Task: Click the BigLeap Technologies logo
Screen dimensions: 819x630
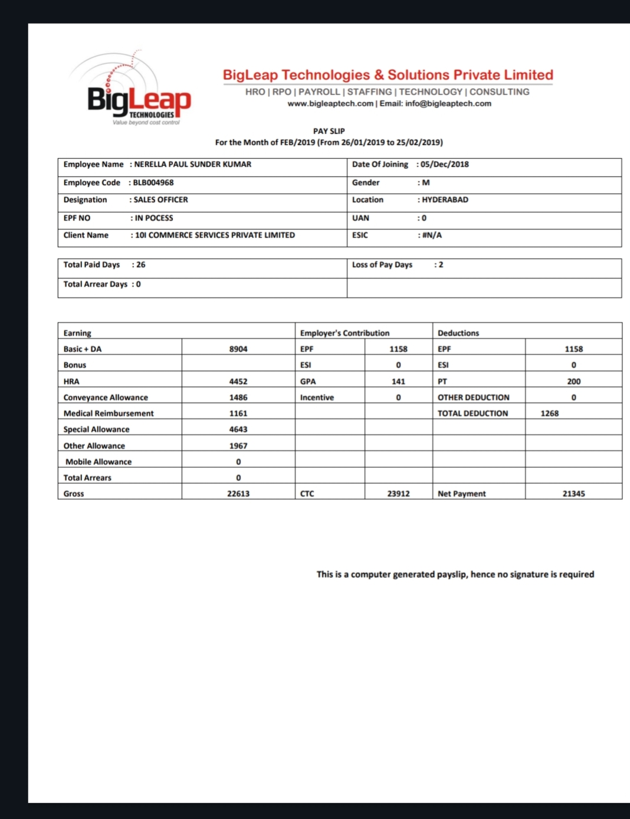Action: pyautogui.click(x=139, y=95)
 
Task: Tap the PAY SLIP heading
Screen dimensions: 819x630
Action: pyautogui.click(x=329, y=131)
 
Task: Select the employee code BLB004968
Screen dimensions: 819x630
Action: pyautogui.click(x=153, y=183)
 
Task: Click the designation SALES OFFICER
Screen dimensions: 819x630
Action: pyautogui.click(x=160, y=200)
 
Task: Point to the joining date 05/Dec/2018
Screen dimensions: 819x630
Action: pyautogui.click(x=445, y=165)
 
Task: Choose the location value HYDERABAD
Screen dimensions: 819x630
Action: pyautogui.click(x=445, y=200)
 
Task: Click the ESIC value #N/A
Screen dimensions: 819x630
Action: pyautogui.click(x=432, y=235)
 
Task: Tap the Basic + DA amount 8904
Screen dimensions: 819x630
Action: pyautogui.click(x=238, y=349)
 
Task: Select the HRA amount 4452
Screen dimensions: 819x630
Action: pyautogui.click(x=238, y=382)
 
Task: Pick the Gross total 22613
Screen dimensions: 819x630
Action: pyautogui.click(x=238, y=494)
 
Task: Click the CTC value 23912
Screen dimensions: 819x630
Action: pyautogui.click(x=398, y=494)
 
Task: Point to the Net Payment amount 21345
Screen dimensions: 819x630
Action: pyautogui.click(x=573, y=494)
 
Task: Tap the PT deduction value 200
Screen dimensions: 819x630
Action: pyautogui.click(x=573, y=382)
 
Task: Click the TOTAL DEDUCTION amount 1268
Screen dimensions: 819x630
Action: pyautogui.click(x=549, y=414)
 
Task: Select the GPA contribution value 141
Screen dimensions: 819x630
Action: pyautogui.click(x=398, y=382)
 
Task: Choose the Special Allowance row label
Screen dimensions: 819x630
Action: pyautogui.click(x=96, y=430)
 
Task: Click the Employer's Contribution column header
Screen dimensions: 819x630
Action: pyautogui.click(x=344, y=333)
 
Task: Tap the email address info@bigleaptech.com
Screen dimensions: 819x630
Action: pyautogui.click(x=448, y=104)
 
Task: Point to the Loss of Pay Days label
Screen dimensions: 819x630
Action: pyautogui.click(x=382, y=265)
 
